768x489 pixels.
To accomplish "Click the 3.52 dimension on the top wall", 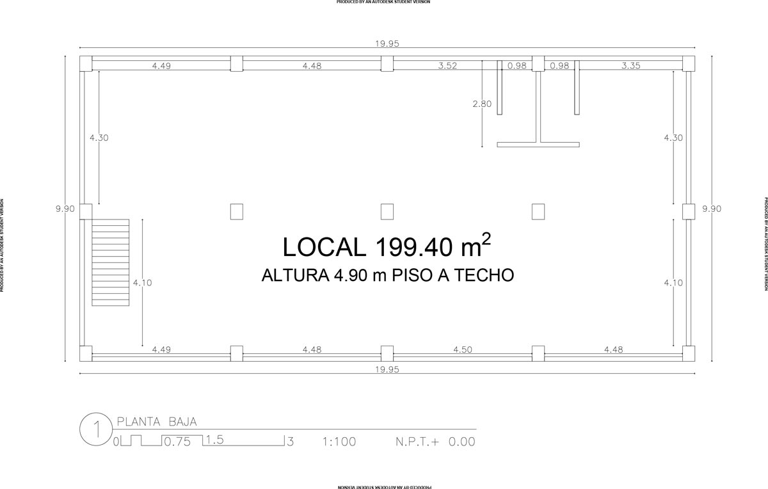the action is tap(447, 65).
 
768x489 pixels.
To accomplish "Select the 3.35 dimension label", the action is tap(631, 65).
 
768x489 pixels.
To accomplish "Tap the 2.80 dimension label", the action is tap(482, 104).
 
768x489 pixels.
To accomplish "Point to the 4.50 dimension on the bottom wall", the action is tap(463, 349).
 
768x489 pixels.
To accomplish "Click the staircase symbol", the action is tap(110, 262).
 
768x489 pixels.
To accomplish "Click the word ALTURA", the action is tap(295, 275).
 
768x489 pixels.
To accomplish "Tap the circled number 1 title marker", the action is tap(96, 429).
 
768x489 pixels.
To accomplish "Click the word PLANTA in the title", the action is tap(139, 421).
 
